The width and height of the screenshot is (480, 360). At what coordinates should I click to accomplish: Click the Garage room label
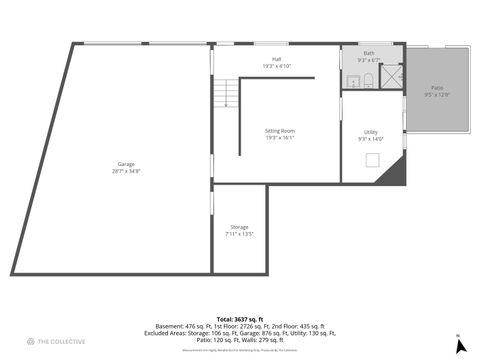click(x=126, y=164)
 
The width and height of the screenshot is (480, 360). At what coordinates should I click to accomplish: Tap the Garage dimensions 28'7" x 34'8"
click(x=126, y=171)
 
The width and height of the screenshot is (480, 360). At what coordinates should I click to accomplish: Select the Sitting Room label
click(x=280, y=131)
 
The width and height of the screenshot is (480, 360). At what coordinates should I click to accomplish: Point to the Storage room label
click(x=239, y=227)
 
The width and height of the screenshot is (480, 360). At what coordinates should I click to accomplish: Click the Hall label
click(x=276, y=59)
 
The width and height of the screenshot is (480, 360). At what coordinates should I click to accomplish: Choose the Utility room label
click(x=371, y=132)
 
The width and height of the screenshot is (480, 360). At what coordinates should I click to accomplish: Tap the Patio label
click(x=438, y=88)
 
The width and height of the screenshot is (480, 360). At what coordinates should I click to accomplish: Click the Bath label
click(x=369, y=53)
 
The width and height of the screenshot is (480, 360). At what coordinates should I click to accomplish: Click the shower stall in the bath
click(x=392, y=77)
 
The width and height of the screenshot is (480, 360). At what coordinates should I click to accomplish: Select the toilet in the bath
click(x=368, y=80)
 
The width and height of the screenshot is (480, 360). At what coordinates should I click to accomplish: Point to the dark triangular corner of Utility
click(x=398, y=173)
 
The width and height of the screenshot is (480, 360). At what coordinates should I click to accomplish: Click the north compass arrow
click(x=460, y=345)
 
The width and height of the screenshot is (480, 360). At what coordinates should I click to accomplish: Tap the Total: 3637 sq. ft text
click(x=240, y=319)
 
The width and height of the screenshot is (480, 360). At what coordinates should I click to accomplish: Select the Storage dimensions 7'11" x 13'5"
click(x=239, y=234)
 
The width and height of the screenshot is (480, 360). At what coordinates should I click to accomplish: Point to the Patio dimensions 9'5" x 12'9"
click(x=438, y=95)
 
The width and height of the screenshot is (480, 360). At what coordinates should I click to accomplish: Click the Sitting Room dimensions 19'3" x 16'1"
click(x=280, y=138)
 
